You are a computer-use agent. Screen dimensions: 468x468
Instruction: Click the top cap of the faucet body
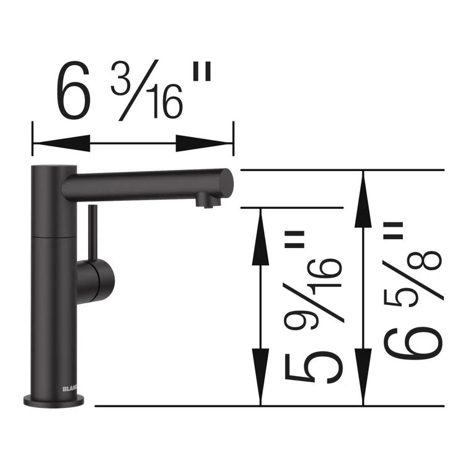[x=55, y=169]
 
